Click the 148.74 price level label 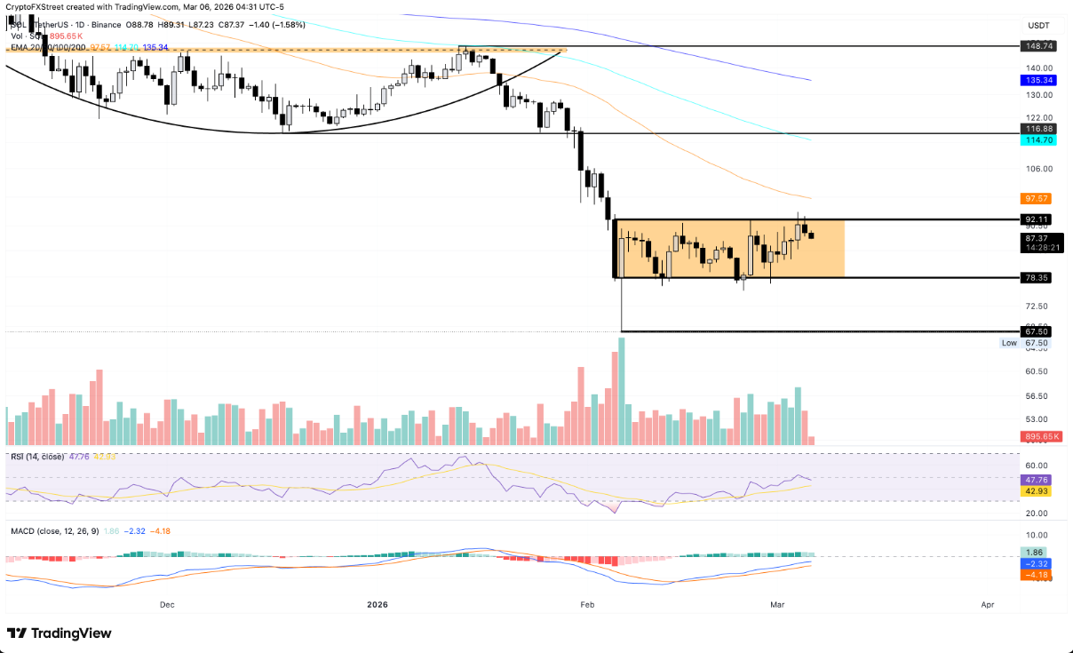pos(1039,45)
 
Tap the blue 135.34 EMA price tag pos(1039,80)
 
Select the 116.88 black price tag pos(1039,129)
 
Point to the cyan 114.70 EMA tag pos(1039,140)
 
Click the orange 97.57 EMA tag pos(1039,198)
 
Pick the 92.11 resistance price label pos(1039,219)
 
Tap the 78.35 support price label pos(1039,278)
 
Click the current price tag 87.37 pos(1039,238)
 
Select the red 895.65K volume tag pos(1039,436)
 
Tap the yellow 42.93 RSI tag pos(1039,490)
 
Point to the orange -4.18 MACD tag pos(1039,576)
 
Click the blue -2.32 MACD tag pos(1039,564)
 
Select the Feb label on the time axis pos(586,604)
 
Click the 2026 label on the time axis pos(378,604)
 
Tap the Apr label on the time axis pos(987,604)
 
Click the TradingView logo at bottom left pos(60,633)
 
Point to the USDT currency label pos(1038,27)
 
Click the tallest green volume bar pos(621,391)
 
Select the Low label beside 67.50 pos(1009,343)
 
